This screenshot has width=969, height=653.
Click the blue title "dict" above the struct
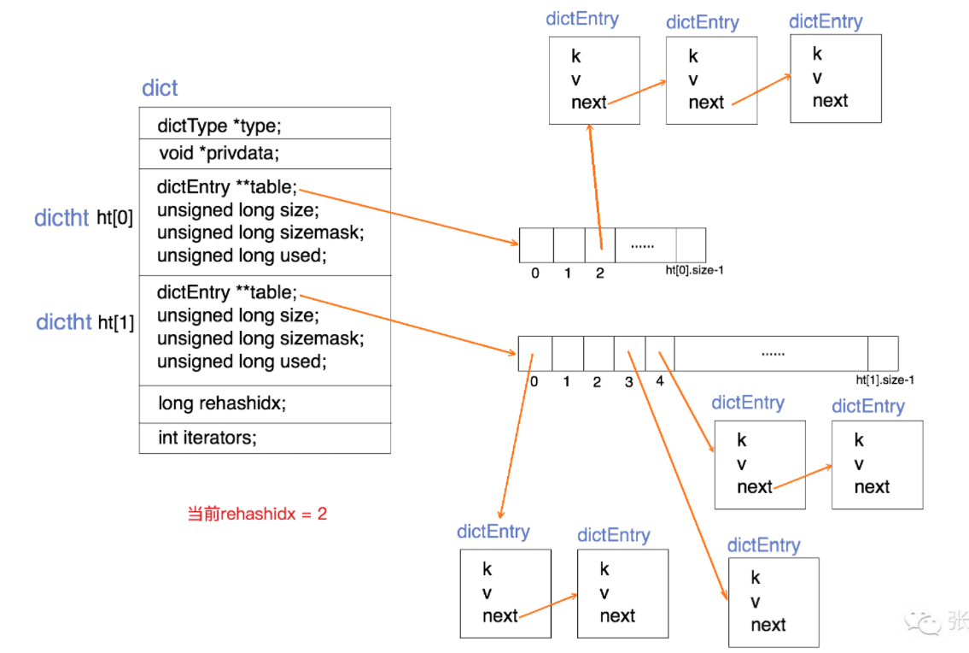(160, 88)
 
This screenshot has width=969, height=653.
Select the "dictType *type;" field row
(219, 126)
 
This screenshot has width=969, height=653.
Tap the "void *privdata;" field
(219, 154)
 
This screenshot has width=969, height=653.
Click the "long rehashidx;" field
(221, 403)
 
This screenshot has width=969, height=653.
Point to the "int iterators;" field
(207, 438)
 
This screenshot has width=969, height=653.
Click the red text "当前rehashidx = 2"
(257, 514)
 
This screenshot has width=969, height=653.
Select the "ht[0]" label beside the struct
(114, 218)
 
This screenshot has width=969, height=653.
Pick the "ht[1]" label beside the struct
(115, 322)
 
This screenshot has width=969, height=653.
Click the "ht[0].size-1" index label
(695, 271)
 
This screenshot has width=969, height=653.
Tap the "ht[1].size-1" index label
(885, 380)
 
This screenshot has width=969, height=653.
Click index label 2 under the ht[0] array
(600, 274)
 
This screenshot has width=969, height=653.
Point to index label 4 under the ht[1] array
(659, 381)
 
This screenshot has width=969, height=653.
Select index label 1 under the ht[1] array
(566, 381)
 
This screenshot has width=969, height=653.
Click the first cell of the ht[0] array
(536, 245)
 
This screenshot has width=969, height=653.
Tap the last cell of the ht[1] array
(883, 353)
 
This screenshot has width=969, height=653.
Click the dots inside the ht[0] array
(642, 245)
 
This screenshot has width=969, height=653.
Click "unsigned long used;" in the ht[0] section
(242, 256)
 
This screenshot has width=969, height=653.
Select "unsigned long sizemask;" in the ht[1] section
(260, 338)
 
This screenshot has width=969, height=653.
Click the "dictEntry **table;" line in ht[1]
(227, 292)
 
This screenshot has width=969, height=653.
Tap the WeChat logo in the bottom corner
(925, 621)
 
